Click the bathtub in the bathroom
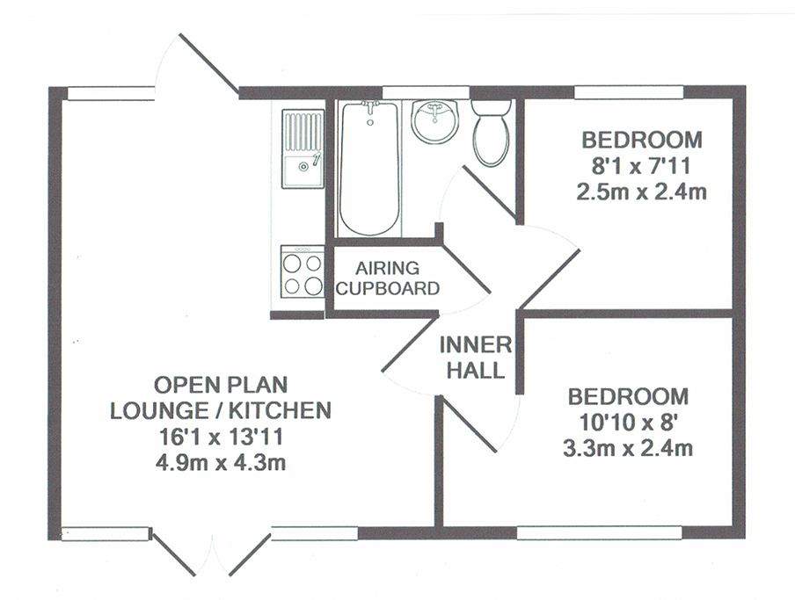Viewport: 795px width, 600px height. pyautogui.click(x=369, y=169)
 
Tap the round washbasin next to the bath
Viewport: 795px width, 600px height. pyautogui.click(x=435, y=121)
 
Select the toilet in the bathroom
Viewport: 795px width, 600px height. pyautogui.click(x=491, y=133)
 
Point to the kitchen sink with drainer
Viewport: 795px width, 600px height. pyautogui.click(x=303, y=149)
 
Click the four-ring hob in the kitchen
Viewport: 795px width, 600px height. pyautogui.click(x=303, y=271)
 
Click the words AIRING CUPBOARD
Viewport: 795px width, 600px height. pyautogui.click(x=387, y=278)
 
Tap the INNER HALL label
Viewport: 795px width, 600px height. pyautogui.click(x=476, y=358)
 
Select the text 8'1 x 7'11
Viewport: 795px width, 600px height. pyautogui.click(x=641, y=165)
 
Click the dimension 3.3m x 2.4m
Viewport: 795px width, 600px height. pyautogui.click(x=628, y=448)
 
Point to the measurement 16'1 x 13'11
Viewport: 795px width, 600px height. pyautogui.click(x=221, y=437)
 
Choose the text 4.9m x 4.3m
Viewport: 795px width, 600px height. pyautogui.click(x=221, y=462)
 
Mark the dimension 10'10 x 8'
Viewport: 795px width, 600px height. pyautogui.click(x=628, y=422)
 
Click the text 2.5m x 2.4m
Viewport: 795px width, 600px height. pyautogui.click(x=641, y=192)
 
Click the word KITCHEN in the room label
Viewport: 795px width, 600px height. pyautogui.click(x=280, y=410)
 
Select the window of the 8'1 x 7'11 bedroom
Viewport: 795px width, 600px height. pyautogui.click(x=629, y=92)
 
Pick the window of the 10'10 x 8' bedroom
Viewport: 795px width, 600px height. pyautogui.click(x=599, y=532)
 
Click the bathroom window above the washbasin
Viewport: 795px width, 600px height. pyautogui.click(x=426, y=92)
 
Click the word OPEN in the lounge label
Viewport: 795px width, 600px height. pyautogui.click(x=180, y=385)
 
